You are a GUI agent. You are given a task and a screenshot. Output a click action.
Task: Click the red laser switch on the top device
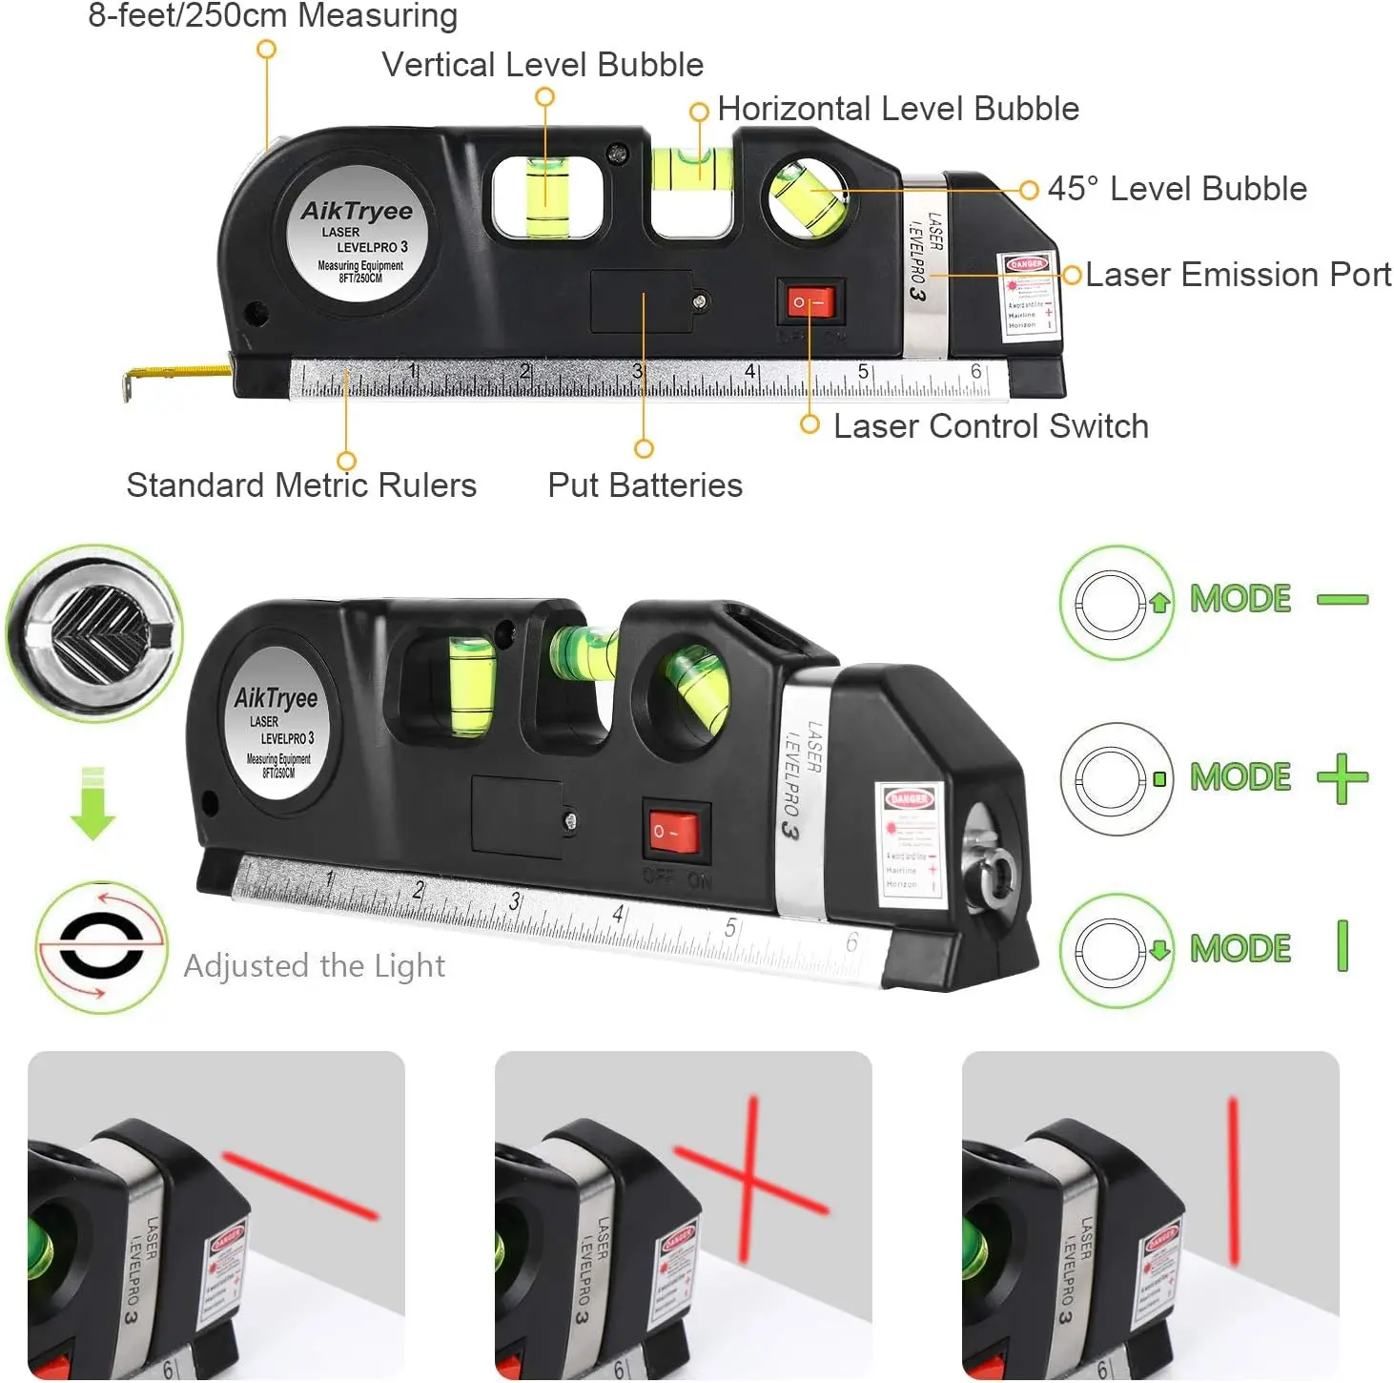[x=810, y=303]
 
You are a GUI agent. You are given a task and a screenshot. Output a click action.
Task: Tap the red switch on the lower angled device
[x=675, y=832]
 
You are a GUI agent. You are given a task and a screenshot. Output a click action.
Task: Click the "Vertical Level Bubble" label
[x=543, y=65]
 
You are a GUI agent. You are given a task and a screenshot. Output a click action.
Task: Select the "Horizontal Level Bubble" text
[x=897, y=109]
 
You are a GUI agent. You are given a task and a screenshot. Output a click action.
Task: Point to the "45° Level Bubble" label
[x=1177, y=189]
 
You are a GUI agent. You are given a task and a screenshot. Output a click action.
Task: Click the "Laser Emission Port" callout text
[x=1238, y=275]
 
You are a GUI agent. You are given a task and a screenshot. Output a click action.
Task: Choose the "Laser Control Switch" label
[x=990, y=426]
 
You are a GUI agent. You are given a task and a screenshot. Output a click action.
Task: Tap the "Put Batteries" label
[x=645, y=485]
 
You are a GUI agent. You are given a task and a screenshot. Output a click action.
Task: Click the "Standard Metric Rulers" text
[x=301, y=485]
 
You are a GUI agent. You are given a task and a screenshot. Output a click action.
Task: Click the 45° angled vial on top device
[x=809, y=198]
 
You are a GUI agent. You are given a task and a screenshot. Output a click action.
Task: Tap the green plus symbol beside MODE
[x=1342, y=778]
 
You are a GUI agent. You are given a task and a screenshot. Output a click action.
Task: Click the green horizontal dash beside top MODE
[x=1342, y=600]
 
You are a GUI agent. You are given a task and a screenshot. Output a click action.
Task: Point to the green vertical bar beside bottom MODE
[x=1343, y=946]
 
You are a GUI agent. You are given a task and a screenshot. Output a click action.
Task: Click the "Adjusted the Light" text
[x=314, y=966]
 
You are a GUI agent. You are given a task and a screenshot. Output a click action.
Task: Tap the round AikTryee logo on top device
[x=358, y=235]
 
